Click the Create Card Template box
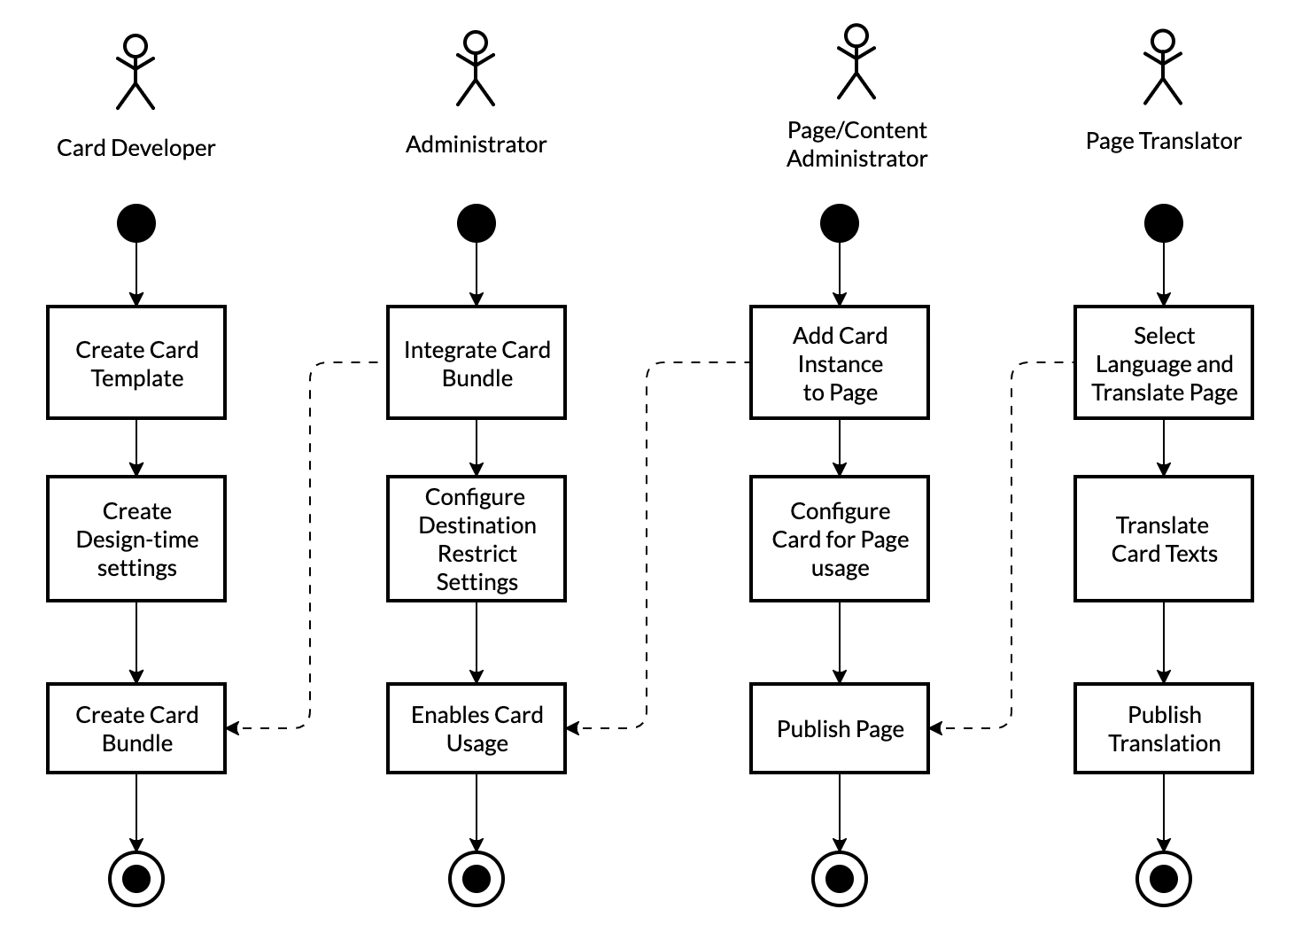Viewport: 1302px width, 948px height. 136,362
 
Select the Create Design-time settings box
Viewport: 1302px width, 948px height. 136,539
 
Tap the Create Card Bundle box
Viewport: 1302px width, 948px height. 136,728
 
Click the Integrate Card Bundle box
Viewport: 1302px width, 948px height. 477,362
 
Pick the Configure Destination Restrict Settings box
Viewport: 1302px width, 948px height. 477,539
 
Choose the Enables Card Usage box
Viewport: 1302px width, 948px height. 477,728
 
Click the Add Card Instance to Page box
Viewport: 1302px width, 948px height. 840,362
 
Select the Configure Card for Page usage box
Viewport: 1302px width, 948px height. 840,539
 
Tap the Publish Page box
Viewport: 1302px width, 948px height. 840,728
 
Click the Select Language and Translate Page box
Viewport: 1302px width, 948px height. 1164,362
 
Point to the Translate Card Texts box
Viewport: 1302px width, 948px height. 1164,539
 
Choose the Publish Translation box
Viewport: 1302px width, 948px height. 1164,728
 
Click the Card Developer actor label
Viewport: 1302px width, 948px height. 136,148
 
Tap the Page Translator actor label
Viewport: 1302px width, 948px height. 1164,142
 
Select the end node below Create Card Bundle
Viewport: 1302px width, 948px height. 136,879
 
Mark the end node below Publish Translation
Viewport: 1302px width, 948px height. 1164,879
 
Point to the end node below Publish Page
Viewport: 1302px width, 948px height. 840,879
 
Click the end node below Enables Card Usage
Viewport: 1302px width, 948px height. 477,879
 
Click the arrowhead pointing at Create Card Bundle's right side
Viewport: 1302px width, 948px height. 233,728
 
